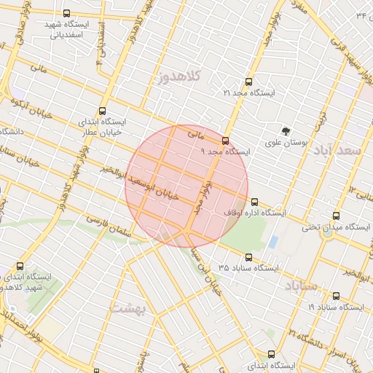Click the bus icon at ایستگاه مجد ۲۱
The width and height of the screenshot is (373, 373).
pos(249,82)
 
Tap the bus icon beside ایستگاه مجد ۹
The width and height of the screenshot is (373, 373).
pos(225,141)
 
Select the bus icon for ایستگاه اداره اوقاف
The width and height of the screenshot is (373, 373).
pos(254,202)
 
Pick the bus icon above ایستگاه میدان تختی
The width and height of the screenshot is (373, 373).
pos(337,216)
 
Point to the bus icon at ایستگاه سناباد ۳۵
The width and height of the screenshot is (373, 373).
pos(248,257)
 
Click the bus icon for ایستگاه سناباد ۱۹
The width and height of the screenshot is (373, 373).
pos(337,296)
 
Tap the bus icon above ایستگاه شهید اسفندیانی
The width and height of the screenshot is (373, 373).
pos(67,13)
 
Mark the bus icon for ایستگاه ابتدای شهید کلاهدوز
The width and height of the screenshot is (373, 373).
pos(20,266)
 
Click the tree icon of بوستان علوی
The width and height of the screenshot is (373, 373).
pos(286,131)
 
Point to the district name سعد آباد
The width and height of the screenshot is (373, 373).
pos(337,151)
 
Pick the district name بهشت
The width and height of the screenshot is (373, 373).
pos(128,308)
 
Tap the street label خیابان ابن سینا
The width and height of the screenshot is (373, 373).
pos(206,270)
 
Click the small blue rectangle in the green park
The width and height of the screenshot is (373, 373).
pos(272,241)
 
